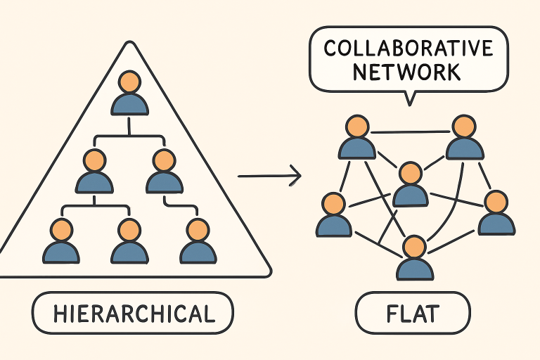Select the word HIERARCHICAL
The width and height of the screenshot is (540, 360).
[x=133, y=313]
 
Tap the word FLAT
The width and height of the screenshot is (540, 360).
[x=412, y=313]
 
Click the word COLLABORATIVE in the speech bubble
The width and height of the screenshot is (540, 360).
[x=409, y=49]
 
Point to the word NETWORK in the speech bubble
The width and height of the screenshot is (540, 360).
[x=409, y=72]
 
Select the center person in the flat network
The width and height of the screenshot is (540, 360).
[x=409, y=186]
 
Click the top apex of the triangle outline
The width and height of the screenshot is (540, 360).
[x=129, y=44]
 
